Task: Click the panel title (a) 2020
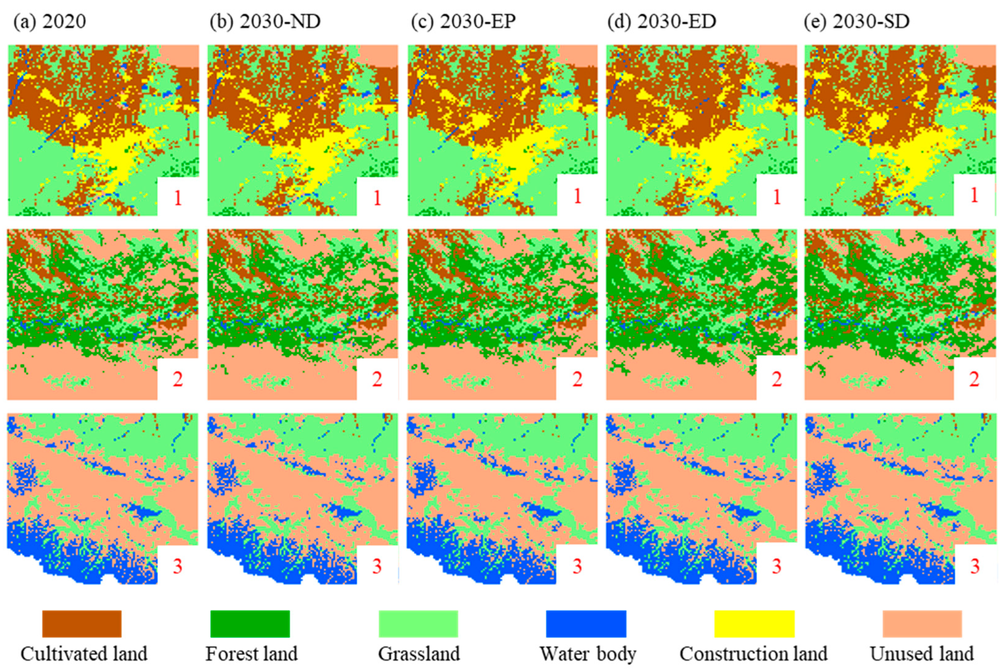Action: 50,21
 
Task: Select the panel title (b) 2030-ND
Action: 265,21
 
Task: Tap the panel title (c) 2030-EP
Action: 464,21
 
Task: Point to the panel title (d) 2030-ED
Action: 661,21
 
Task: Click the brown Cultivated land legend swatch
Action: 82,624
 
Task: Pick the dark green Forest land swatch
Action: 250,624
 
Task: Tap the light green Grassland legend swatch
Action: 418,624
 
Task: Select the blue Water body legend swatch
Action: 586,624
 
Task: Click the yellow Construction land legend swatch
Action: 754,624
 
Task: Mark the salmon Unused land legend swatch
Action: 922,624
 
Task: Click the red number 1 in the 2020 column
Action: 178,198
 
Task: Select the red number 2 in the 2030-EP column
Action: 577,379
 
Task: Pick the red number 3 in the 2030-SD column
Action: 975,566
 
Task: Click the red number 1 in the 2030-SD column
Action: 975,195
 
